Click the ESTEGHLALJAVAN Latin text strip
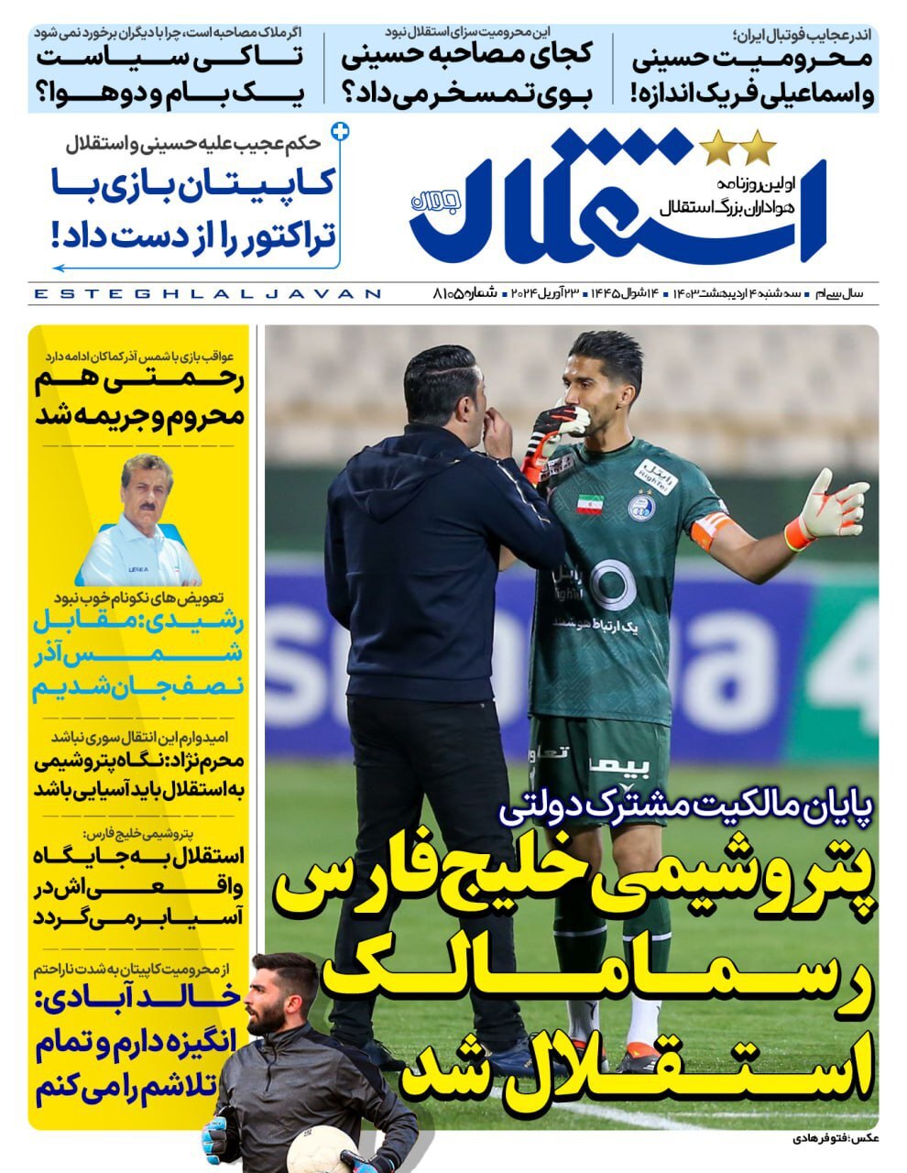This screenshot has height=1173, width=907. click(206, 294)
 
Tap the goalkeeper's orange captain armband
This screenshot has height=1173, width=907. click(712, 529)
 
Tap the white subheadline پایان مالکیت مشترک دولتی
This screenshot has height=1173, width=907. click(687, 808)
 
